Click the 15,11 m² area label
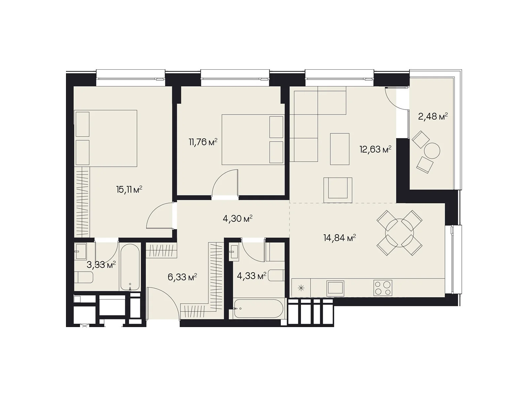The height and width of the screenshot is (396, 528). tap(129, 190)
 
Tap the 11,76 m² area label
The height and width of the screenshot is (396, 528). tap(203, 142)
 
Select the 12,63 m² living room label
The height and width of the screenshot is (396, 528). tap(375, 149)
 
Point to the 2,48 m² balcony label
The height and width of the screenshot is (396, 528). tap(433, 116)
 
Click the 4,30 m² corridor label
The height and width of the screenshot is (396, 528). tap(238, 218)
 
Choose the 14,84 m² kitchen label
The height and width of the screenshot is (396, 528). tap(340, 238)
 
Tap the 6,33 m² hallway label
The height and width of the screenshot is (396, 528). tap(182, 277)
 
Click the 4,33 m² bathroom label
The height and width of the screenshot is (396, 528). tap(251, 276)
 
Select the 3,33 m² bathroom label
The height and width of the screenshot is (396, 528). tap(101, 265)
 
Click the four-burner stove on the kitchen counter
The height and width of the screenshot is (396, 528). tap(383, 288)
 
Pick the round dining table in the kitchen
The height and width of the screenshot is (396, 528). tap(400, 233)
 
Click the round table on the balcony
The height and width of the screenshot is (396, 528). tap(432, 151)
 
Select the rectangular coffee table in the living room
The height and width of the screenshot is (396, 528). tap(340, 149)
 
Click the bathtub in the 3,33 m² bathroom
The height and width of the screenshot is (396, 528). tap(130, 267)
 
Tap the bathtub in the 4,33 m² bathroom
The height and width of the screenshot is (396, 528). tap(258, 309)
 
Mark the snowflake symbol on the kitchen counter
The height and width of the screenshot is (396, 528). tap(301, 288)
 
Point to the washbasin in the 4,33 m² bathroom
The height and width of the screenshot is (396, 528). tap(234, 252)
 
